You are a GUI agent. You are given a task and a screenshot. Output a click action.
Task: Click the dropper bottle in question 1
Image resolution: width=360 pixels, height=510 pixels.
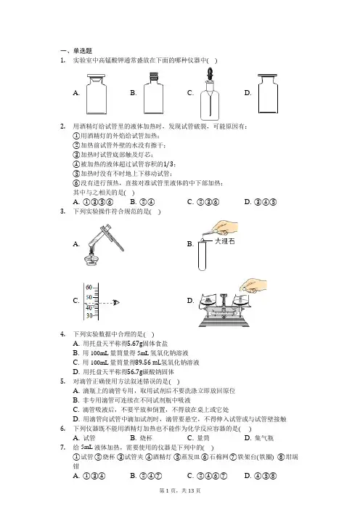(x=210, y=94)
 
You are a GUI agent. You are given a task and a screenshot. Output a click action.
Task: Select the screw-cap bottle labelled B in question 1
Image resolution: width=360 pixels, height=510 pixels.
(x=153, y=93)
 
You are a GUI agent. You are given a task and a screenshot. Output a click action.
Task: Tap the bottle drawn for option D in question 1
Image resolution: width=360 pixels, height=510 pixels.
(x=268, y=93)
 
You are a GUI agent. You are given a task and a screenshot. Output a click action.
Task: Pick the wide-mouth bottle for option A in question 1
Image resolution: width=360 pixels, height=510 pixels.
(x=97, y=94)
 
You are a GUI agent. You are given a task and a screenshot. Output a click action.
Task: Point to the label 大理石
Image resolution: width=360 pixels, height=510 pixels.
(x=224, y=241)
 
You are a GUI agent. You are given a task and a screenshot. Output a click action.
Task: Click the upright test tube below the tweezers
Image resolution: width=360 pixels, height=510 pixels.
(x=202, y=256)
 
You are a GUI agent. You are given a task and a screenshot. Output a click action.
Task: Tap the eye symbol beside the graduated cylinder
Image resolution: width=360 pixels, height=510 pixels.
(x=116, y=303)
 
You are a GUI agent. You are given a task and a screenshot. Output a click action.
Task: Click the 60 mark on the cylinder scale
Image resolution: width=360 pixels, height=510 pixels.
(x=89, y=288)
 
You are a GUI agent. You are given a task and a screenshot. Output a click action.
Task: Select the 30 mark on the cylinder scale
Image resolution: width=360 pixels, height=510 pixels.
(x=89, y=315)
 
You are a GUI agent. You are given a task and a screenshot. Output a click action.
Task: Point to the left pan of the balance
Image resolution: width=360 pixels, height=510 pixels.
(x=209, y=301)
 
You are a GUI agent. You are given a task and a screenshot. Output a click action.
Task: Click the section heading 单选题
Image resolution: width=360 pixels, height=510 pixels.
(x=83, y=51)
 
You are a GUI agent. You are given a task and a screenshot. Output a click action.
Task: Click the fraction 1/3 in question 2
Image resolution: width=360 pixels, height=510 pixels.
(x=168, y=164)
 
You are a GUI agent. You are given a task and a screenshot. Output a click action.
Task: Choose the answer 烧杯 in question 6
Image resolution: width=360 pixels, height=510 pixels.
(x=146, y=438)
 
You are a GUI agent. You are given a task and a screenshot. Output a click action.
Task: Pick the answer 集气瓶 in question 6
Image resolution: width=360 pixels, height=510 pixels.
(x=263, y=438)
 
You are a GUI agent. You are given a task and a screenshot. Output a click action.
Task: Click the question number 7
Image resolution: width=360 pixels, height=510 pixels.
(x=62, y=448)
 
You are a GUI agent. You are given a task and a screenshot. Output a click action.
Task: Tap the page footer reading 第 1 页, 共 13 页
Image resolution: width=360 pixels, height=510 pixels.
(x=180, y=490)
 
